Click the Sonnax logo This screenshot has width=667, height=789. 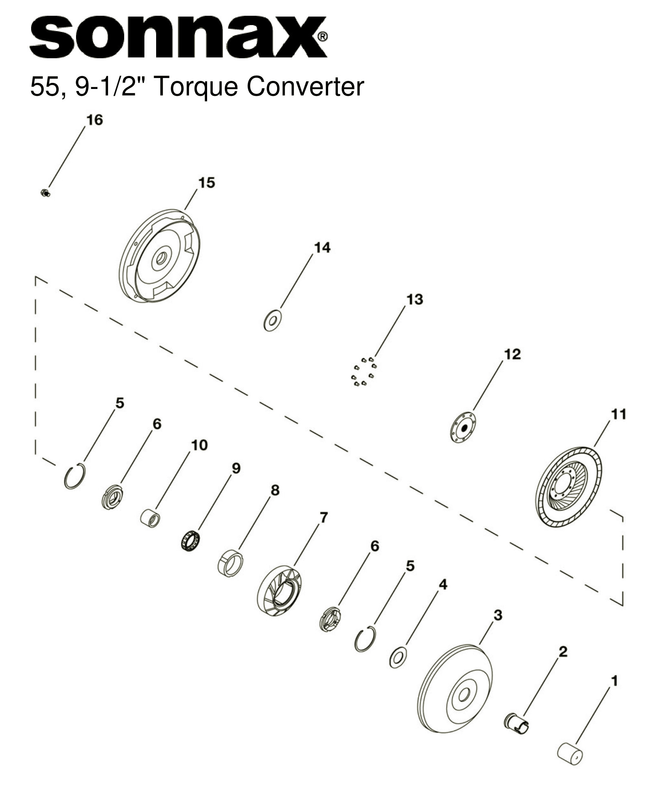[178, 37]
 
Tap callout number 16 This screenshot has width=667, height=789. [95, 120]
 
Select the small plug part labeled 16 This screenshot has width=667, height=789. [45, 193]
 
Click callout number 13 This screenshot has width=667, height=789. [415, 300]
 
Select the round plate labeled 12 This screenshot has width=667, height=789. [463, 427]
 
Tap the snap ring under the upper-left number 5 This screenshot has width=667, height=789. [75, 476]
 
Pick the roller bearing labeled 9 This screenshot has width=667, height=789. [191, 541]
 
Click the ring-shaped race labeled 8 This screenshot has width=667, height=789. [231, 563]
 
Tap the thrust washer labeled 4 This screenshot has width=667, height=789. [398, 657]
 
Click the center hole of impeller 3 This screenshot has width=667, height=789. [464, 695]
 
